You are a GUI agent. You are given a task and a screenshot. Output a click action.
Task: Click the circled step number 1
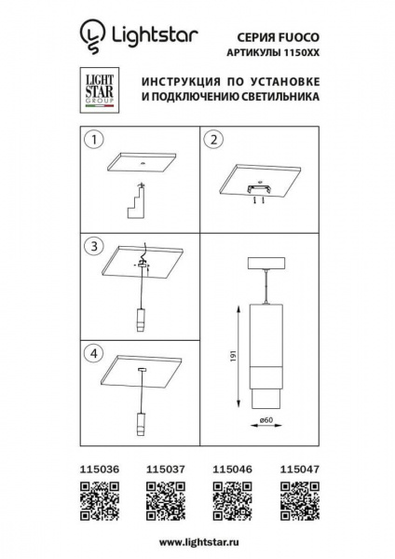(93, 142)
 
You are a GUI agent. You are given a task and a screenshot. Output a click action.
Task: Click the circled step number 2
(211, 142)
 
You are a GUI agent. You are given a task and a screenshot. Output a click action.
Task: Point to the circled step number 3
(93, 247)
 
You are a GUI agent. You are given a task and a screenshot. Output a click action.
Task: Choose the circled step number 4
(93, 353)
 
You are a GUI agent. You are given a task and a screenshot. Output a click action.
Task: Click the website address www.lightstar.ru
(197, 540)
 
